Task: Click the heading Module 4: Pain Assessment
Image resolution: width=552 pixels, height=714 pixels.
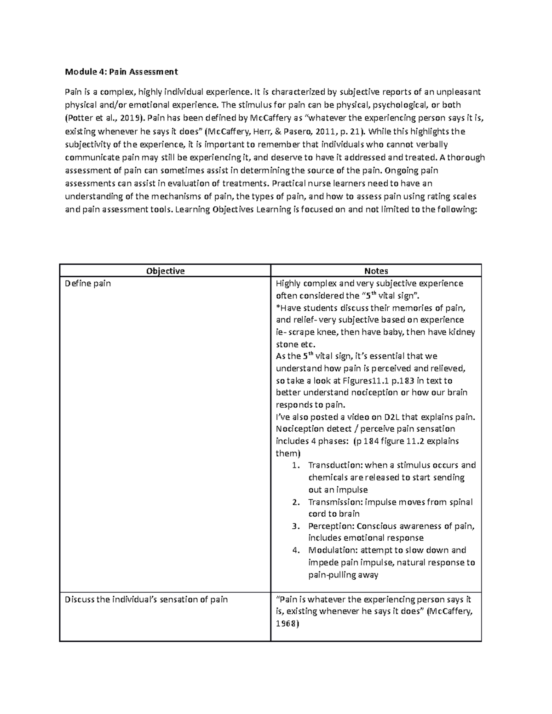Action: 121,72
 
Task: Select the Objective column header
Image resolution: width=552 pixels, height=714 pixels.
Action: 165,271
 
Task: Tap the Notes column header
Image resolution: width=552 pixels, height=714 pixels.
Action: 376,271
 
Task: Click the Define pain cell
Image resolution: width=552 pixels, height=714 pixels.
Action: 88,283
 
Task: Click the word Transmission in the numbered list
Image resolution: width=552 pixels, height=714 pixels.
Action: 331,502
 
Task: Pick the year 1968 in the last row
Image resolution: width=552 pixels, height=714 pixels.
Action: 287,624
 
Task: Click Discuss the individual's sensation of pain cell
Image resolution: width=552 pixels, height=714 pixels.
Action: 146,600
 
